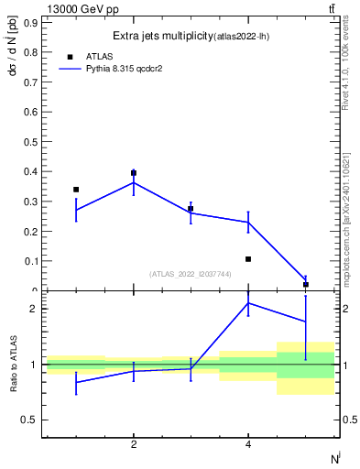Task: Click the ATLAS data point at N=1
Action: (x=76, y=190)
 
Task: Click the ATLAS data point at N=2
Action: (x=134, y=173)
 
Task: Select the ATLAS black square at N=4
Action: (x=248, y=259)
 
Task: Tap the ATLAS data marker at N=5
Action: (x=305, y=285)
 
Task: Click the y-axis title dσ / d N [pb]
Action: (x=13, y=63)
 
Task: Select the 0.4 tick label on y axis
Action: (x=28, y=171)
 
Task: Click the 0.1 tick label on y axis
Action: (x=28, y=261)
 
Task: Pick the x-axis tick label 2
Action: (x=134, y=444)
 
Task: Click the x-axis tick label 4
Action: (x=248, y=444)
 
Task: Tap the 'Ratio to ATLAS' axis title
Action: (x=13, y=365)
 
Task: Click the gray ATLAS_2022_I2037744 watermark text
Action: (x=191, y=274)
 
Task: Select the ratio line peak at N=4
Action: (x=248, y=303)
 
